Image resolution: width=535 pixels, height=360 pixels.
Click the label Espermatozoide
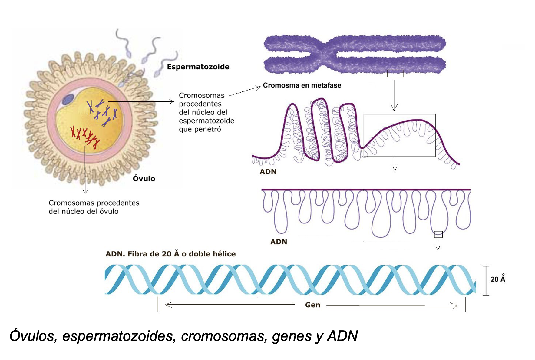198,67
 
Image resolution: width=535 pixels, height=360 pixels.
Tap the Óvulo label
144,179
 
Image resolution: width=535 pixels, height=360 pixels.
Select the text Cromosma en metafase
302,85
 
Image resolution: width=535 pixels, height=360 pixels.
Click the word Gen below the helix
312,305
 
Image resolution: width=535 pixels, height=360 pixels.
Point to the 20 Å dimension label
498,279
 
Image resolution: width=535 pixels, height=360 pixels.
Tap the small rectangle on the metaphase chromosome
395,73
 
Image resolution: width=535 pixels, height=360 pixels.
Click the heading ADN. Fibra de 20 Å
170,254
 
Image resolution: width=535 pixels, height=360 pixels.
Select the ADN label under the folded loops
268,172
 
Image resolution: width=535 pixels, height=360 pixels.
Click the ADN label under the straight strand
279,242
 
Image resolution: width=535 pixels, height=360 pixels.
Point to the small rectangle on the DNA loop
438,234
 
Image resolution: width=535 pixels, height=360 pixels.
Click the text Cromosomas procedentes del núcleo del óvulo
94,207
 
